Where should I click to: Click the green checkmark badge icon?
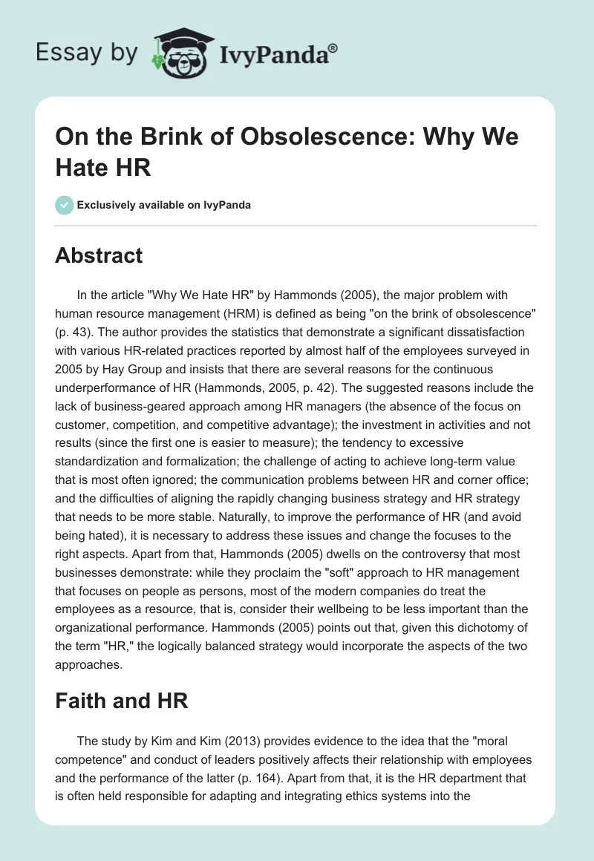coord(65,204)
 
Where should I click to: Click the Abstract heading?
coord(99,255)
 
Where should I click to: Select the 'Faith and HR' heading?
coord(121,700)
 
